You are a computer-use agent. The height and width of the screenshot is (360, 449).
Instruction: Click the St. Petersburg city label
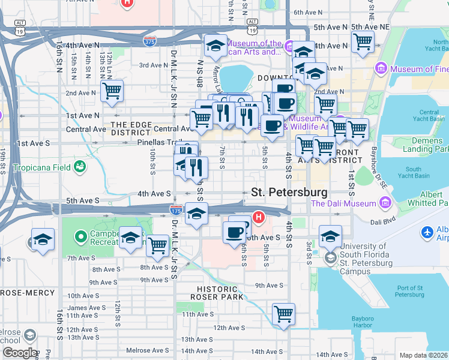click(289, 193)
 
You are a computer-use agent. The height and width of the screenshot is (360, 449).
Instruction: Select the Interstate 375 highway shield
click(150, 41)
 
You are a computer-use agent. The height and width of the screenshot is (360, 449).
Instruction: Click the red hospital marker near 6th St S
click(259, 217)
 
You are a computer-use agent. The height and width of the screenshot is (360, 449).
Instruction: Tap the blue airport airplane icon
click(427, 232)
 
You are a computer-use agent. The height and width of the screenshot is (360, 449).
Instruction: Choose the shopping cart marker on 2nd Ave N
click(112, 91)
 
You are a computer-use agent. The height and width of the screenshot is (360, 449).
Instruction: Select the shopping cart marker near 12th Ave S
click(283, 314)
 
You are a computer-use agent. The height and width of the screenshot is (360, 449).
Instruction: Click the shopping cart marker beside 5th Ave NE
click(363, 42)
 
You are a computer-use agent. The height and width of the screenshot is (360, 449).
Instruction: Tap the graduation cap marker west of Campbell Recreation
click(43, 239)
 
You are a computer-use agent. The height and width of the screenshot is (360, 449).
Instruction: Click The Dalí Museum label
click(351, 203)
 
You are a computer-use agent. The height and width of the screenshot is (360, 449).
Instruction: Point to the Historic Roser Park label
click(217, 292)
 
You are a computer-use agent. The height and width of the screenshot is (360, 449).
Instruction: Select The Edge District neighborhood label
click(130, 128)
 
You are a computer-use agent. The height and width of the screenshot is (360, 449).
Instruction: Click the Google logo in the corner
click(19, 353)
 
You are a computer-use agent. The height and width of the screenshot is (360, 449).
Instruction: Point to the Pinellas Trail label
click(158, 143)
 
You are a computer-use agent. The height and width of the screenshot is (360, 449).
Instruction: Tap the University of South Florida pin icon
click(330, 258)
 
